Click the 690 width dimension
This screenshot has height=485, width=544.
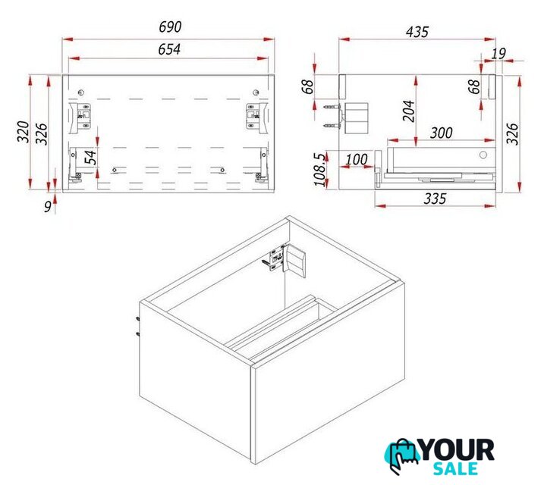pyautogui.click(x=170, y=27)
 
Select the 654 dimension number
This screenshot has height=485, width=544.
pyautogui.click(x=169, y=49)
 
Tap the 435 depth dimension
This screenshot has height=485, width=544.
pyautogui.click(x=417, y=32)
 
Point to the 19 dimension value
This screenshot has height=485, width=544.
pyautogui.click(x=499, y=53)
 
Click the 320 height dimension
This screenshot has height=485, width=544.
pyautogui.click(x=24, y=132)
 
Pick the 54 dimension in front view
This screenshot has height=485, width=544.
pyautogui.click(x=91, y=158)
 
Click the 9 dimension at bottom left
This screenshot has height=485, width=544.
pyautogui.click(x=48, y=206)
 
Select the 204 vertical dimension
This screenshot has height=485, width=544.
pyautogui.click(x=409, y=111)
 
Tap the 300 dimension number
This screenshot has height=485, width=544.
pyautogui.click(x=442, y=133)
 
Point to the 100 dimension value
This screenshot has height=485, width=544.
pyautogui.click(x=357, y=159)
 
